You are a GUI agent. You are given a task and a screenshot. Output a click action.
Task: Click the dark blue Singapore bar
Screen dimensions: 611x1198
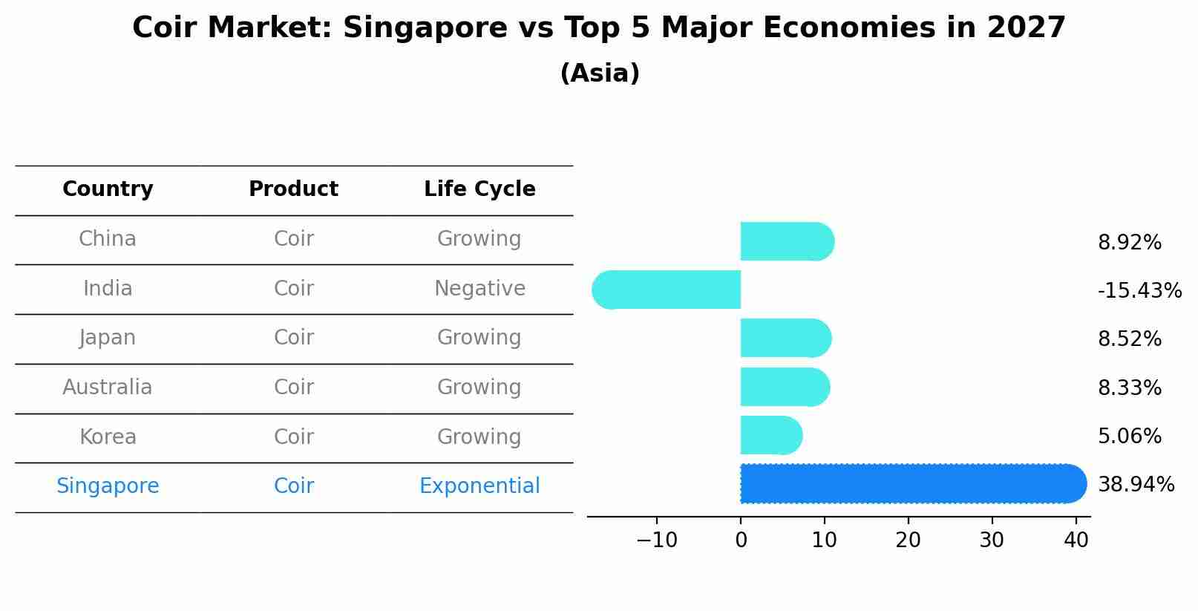pos(913,483)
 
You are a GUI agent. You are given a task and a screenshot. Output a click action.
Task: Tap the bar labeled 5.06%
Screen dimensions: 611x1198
pos(770,435)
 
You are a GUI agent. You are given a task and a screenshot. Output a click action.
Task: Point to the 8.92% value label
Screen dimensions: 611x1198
pos(1129,243)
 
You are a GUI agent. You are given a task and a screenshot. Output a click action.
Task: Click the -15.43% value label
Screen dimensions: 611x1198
pos(1139,290)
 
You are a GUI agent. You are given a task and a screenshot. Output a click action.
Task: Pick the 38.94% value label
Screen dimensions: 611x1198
pos(1136,485)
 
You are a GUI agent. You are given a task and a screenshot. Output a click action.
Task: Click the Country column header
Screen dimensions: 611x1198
pos(108,189)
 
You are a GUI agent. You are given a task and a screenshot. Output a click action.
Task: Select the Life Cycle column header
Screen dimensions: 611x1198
pos(479,189)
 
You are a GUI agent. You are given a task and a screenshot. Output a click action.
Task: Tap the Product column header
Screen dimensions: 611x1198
pos(293,189)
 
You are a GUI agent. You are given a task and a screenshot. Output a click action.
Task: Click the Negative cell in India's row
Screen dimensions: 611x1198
pos(479,289)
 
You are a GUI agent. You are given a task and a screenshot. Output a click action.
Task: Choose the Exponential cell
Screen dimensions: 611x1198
pos(479,486)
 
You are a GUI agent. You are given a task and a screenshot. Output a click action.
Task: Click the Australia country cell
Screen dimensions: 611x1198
pos(108,388)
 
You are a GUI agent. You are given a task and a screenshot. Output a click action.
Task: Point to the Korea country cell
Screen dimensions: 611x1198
pos(108,437)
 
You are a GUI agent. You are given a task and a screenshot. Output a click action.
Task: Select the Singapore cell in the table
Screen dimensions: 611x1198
pos(108,486)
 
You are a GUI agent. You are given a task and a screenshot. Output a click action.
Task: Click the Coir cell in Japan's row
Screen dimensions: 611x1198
pos(293,338)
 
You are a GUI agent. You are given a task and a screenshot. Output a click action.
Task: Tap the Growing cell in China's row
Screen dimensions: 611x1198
pos(479,239)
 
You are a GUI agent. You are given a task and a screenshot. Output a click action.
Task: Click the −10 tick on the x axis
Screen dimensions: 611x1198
pos(657,540)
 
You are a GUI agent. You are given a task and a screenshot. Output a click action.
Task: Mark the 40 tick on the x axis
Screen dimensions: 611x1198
pos(1076,540)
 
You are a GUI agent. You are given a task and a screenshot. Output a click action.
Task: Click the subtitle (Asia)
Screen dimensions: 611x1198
pos(600,73)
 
